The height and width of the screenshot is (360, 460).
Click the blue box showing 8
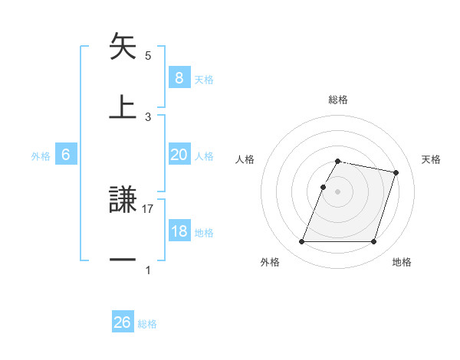(179, 77)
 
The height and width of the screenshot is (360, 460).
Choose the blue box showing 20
(179, 155)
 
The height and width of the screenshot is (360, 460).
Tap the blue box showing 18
(179, 232)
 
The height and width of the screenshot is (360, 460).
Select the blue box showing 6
(66, 155)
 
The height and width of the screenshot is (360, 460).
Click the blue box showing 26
(122, 322)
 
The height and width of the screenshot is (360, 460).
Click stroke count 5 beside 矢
(148, 55)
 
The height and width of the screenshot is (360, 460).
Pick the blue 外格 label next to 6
(41, 155)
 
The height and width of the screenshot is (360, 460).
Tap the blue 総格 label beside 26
(147, 324)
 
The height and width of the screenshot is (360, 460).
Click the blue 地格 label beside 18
(204, 233)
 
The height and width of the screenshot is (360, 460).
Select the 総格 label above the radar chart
(337, 100)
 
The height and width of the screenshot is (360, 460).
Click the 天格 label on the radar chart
(431, 159)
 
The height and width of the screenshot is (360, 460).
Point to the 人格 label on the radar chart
(245, 159)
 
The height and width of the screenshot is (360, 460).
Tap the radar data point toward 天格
(396, 173)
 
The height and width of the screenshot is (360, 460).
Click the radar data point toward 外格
(302, 242)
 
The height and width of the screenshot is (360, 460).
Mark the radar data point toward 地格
(373, 242)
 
